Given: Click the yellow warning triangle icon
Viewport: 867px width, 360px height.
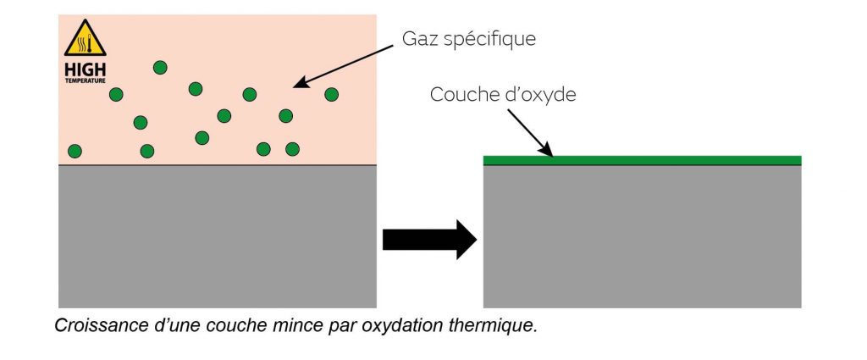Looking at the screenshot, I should pos(86,39).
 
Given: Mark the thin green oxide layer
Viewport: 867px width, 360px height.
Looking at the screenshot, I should pos(642,159).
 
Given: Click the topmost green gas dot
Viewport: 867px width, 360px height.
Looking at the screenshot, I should pos(160,67).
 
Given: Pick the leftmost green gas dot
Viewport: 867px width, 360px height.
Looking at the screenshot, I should pos(75,152).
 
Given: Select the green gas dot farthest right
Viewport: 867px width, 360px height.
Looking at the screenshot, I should pos(331,94).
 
